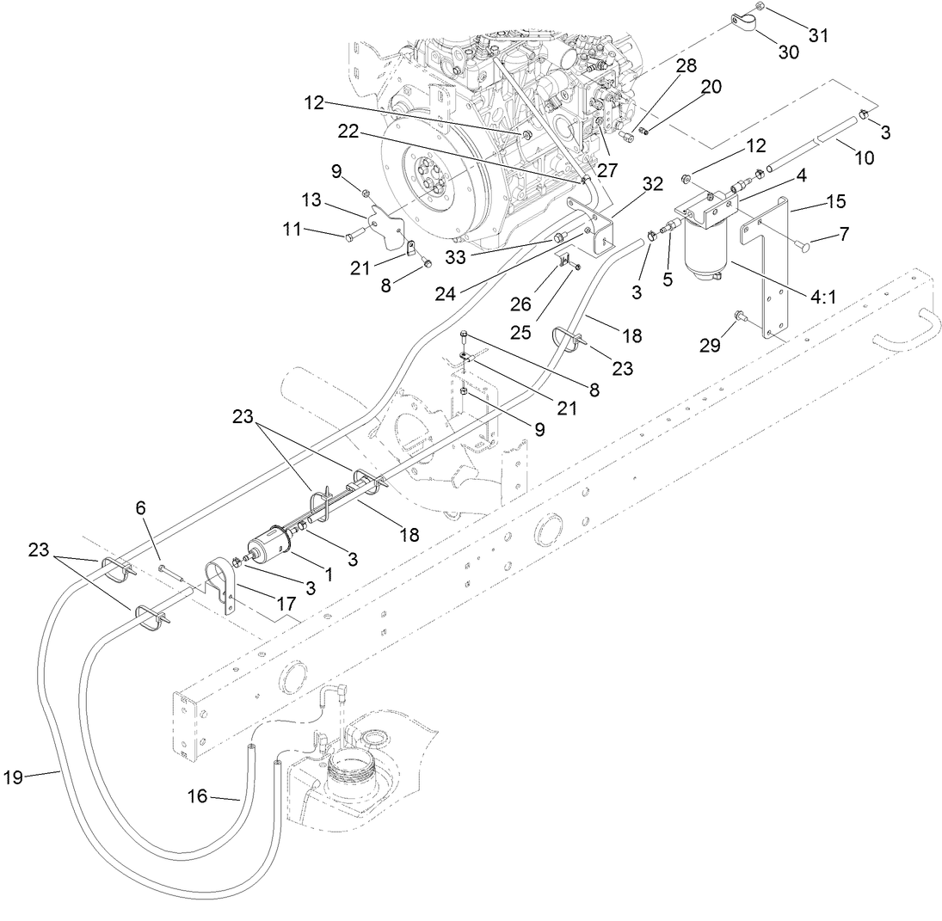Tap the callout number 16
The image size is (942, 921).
197,797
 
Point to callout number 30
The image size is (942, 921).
788,52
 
